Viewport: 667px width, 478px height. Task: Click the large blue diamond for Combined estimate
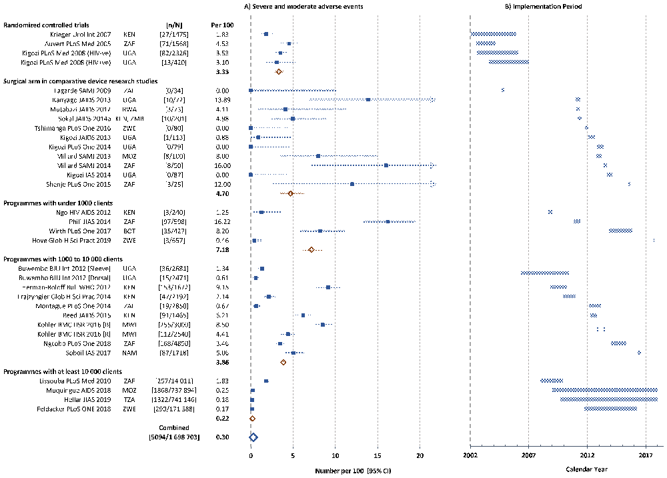(253, 437)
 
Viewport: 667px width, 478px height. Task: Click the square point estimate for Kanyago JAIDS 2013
(368, 99)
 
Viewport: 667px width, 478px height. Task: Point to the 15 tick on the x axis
(378, 456)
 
